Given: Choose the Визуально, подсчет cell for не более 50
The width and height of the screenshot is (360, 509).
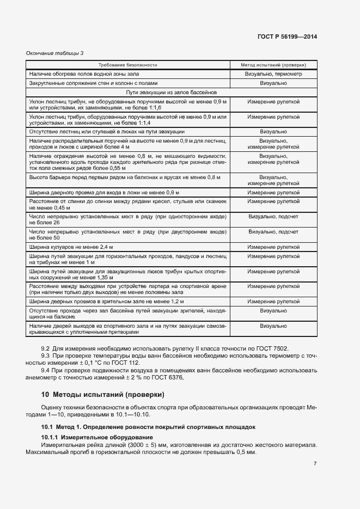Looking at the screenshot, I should tap(273, 231).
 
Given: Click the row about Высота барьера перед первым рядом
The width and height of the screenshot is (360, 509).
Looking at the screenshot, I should tap(125, 177).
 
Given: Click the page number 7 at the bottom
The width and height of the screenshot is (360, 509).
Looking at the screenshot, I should tap(315, 463).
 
